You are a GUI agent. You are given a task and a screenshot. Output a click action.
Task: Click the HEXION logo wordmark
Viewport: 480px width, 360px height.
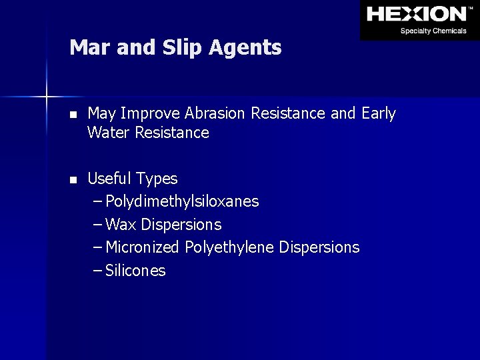pyautogui.click(x=416, y=13)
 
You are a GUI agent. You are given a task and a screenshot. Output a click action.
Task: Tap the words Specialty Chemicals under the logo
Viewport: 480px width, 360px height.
pyautogui.click(x=433, y=31)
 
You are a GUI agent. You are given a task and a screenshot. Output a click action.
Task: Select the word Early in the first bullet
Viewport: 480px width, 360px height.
pyautogui.click(x=379, y=114)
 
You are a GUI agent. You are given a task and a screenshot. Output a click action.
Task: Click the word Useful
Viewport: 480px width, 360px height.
pyautogui.click(x=109, y=179)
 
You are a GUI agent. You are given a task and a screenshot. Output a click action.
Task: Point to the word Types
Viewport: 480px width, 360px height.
pyautogui.click(x=157, y=179)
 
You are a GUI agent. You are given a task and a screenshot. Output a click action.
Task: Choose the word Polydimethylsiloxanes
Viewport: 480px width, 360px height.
pyautogui.click(x=182, y=201)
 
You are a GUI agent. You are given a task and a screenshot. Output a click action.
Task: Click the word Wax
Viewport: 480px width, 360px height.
pyautogui.click(x=119, y=225)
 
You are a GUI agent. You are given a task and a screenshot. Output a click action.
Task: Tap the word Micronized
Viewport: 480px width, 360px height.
pyautogui.click(x=142, y=247)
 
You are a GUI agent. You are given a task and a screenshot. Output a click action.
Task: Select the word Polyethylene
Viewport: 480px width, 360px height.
pyautogui.click(x=229, y=247)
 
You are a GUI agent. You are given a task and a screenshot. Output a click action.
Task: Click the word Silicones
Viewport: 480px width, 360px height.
pyautogui.click(x=135, y=271)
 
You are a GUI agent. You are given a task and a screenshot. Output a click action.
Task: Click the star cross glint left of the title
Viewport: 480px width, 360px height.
pyautogui.click(x=46, y=97)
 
